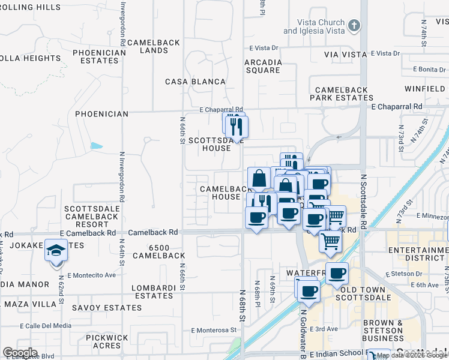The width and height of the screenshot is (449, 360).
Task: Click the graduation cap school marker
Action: tap(56, 250)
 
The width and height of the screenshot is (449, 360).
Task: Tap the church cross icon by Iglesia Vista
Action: tap(355, 25)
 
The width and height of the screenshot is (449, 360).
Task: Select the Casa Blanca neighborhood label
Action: tap(195, 82)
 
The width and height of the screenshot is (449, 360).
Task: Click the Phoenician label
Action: tap(101, 114)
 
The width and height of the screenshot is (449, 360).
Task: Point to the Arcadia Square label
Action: tap(263, 66)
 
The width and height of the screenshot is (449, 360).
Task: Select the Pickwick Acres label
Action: tap(107, 341)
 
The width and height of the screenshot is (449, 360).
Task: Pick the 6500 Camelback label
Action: tap(158, 251)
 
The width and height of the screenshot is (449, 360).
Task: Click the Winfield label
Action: tap(424, 89)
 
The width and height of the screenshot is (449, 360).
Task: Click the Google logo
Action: tap(20, 352)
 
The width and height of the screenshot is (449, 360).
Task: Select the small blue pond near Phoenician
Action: tap(96, 145)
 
